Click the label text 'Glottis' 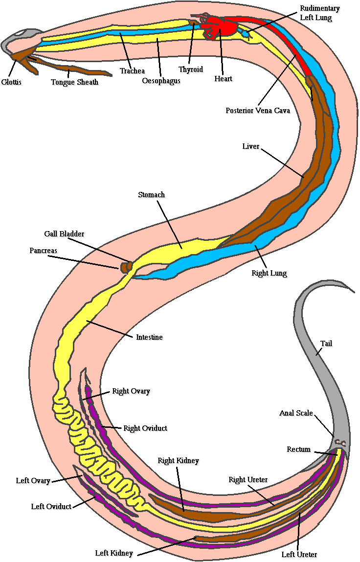11,82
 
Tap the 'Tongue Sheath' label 74,82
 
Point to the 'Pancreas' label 43,251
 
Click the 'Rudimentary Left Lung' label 319,13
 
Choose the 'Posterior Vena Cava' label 258,111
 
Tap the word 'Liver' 250,146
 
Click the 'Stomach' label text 151,195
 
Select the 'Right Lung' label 269,273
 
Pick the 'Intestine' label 149,337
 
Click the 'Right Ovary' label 131,391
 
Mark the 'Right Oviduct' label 145,428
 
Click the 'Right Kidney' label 178,461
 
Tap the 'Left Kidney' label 114,553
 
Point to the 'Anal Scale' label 296,413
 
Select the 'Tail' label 326,344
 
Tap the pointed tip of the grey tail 353,292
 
